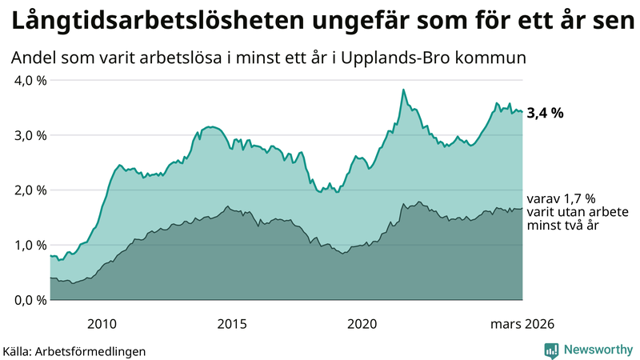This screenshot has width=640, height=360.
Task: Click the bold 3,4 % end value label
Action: click(x=546, y=113)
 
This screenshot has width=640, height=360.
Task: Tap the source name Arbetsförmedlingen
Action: click(x=96, y=350)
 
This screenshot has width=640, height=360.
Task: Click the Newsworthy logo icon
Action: click(x=551, y=350)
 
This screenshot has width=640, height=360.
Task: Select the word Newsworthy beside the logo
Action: click(x=596, y=350)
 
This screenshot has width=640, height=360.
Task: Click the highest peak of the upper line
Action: click(x=403, y=90)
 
